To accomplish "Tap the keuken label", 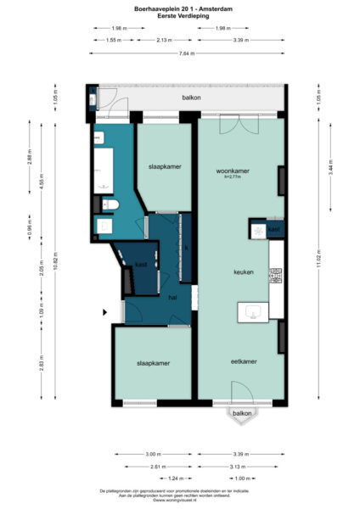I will pyautogui.click(x=245, y=272).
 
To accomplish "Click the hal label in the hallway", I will pyautogui.click(x=172, y=298).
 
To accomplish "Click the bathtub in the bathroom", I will pyautogui.click(x=104, y=169).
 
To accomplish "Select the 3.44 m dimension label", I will pyautogui.click(x=320, y=170).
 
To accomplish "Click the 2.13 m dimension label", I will pyautogui.click(x=167, y=40).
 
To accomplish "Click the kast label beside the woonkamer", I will pyautogui.click(x=273, y=229).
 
